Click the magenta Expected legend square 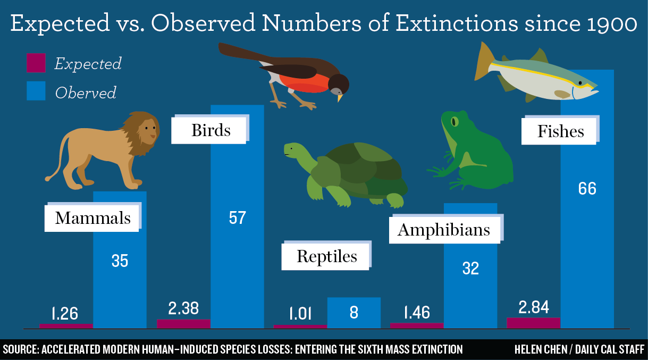(36, 63)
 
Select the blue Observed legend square (36, 91)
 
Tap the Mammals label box (92, 218)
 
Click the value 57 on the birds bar (237, 217)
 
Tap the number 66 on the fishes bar (587, 188)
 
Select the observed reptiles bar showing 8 (354, 313)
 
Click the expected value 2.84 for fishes (533, 307)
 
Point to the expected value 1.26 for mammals (65, 313)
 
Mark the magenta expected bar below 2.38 (184, 324)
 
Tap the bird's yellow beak (340, 98)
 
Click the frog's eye (455, 122)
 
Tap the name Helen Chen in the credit (541, 349)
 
